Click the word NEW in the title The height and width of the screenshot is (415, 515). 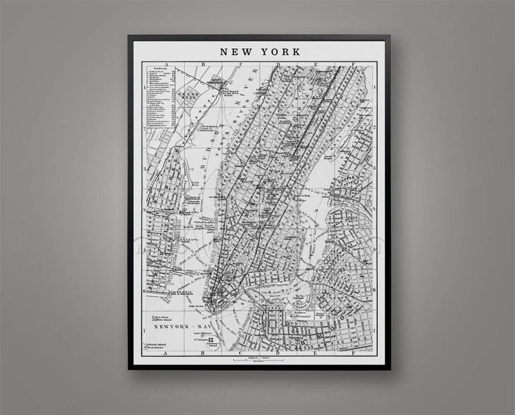236,52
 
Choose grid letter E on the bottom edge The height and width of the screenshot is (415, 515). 315,353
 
